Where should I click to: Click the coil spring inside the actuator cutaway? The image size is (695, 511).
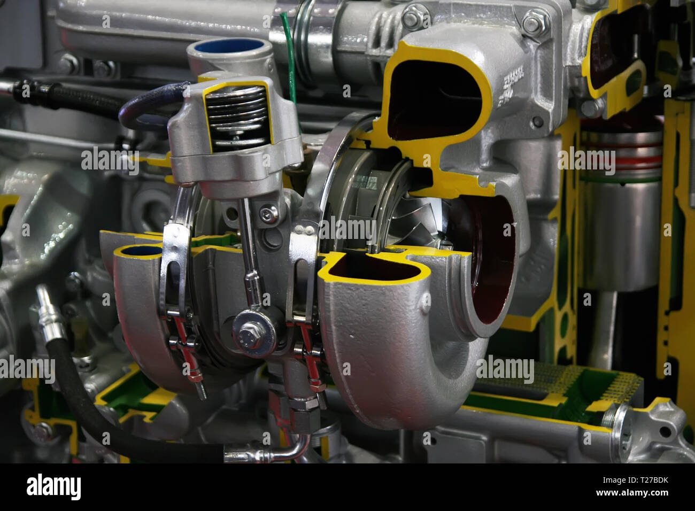point(236,114)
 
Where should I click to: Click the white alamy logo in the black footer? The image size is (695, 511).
point(54,487)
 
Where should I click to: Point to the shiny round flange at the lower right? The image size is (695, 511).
point(622,425)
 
